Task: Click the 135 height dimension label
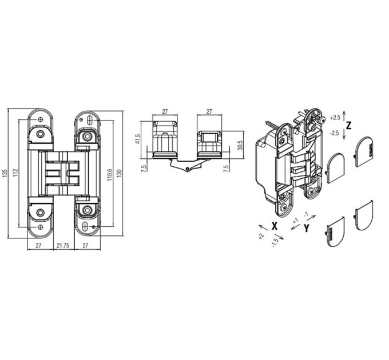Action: [4, 173]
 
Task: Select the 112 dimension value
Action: [15, 173]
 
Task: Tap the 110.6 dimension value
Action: [110, 175]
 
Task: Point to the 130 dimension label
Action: [120, 173]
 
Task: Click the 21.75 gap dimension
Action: [63, 245]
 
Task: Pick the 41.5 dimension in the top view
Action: [138, 139]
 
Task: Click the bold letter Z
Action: [348, 126]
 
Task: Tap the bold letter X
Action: [274, 226]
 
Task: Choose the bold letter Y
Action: [307, 228]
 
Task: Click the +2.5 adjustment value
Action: [335, 118]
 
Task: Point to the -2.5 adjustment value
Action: [335, 133]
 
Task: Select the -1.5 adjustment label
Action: [275, 243]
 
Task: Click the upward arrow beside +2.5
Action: [344, 115]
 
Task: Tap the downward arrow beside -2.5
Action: [344, 134]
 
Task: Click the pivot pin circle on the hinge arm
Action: [188, 169]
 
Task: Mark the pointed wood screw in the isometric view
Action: [273, 125]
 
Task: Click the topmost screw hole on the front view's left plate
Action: [40, 120]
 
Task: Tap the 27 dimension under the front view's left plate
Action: [38, 245]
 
